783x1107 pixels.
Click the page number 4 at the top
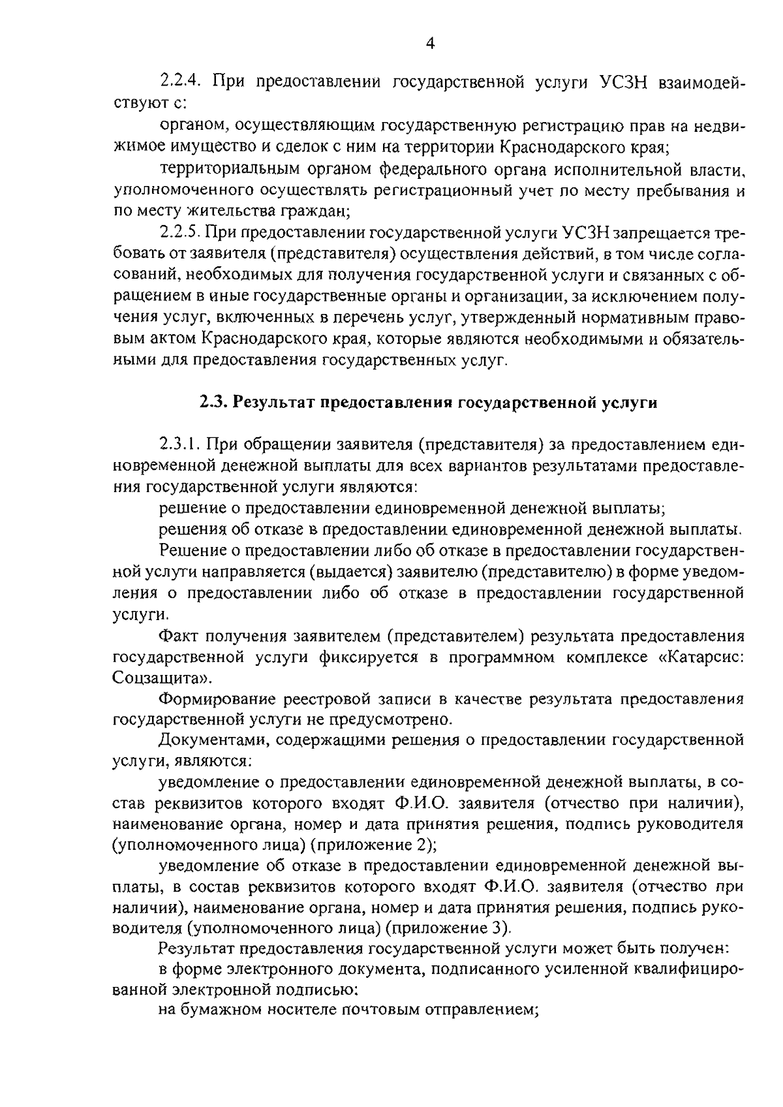coord(429,44)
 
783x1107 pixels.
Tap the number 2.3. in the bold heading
coord(213,403)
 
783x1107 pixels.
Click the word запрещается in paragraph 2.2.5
coord(663,232)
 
